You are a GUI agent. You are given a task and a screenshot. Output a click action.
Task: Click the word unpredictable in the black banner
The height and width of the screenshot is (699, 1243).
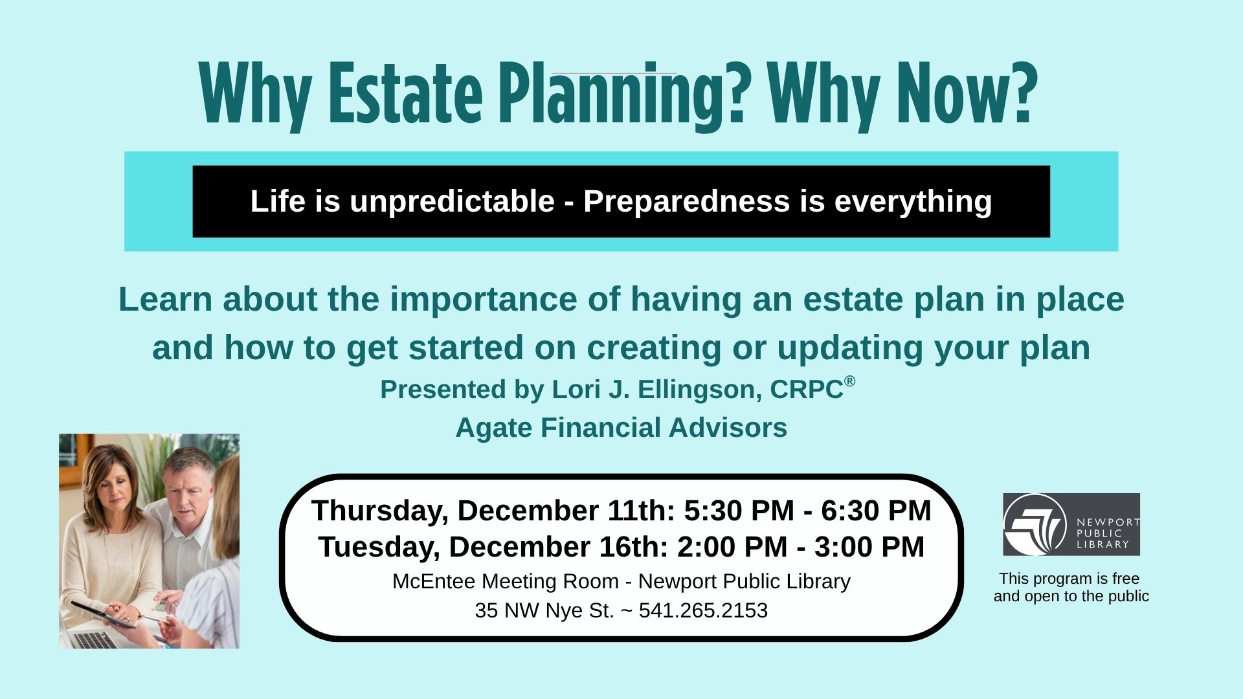coord(452,201)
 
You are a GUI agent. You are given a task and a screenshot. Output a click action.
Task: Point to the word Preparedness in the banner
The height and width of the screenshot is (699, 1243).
coord(687,201)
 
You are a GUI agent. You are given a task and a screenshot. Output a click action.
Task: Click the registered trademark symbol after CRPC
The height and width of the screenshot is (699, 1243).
coord(849,381)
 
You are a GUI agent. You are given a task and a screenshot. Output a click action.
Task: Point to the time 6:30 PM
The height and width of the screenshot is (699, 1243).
coord(877,511)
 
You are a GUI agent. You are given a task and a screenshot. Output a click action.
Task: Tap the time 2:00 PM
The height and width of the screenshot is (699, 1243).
coord(732,547)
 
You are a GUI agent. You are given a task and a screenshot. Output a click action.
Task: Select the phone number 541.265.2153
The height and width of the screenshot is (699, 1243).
coord(703,610)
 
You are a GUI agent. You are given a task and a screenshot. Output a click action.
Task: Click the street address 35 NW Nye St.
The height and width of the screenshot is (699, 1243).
coord(544,610)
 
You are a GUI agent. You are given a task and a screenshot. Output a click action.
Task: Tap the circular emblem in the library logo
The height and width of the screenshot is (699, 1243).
coord(1035,525)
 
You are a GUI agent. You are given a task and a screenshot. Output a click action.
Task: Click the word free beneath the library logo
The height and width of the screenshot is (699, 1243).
coord(1126,579)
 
